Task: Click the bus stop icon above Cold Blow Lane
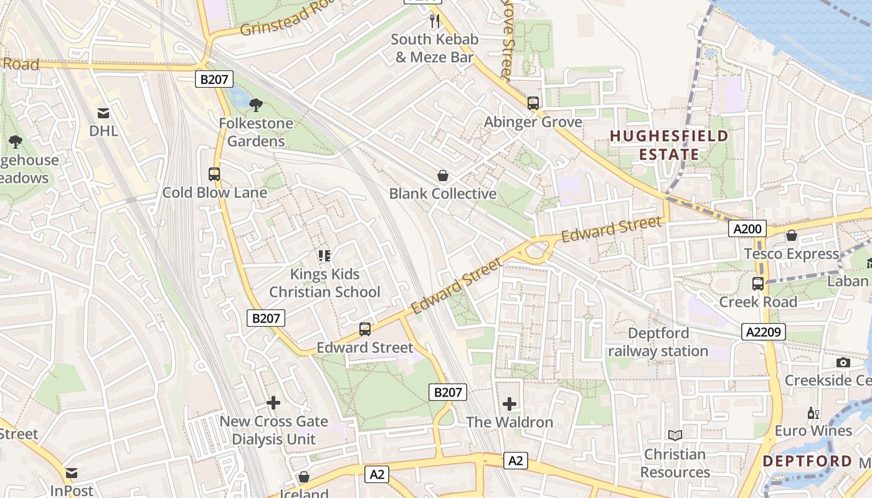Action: [214, 174]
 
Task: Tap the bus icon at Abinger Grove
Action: [533, 103]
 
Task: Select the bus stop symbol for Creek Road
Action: [758, 284]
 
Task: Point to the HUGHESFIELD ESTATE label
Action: [669, 145]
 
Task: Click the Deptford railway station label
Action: [658, 342]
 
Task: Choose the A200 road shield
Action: [747, 229]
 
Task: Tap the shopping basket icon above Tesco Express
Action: [791, 235]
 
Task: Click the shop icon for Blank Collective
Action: [443, 176]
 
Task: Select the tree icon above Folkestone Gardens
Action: [255, 105]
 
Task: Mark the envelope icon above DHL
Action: [103, 113]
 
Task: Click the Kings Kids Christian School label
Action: [325, 283]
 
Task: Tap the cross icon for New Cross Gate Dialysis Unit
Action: [273, 403]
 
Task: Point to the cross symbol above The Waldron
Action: [509, 404]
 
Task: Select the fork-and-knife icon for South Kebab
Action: [435, 21]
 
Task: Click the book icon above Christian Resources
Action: [675, 436]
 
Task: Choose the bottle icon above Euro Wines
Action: [813, 413]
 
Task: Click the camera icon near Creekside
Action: [843, 362]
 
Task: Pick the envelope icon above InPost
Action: [72, 473]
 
